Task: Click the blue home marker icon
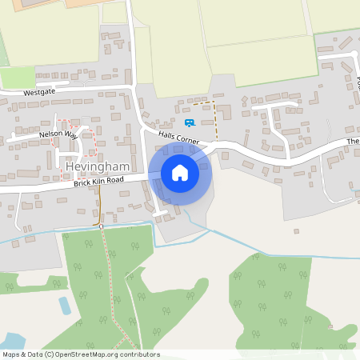point(180,172)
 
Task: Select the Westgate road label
point(41,93)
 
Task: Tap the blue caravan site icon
point(190,122)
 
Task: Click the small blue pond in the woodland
point(64,305)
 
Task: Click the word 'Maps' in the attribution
point(12,354)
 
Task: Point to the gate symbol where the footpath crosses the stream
point(102,226)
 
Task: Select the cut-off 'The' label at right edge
point(353,142)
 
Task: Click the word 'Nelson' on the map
point(50,136)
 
